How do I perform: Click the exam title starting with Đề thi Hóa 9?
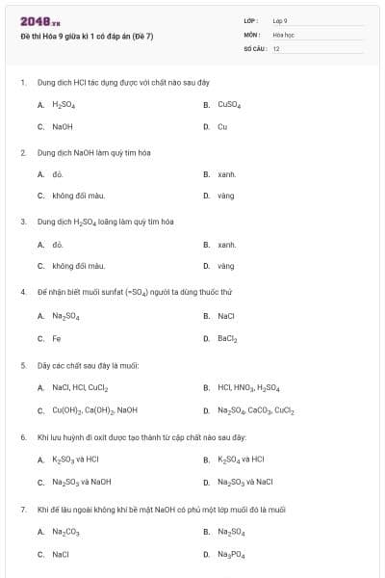pyautogui.click(x=87, y=36)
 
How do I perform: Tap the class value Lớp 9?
pyautogui.click(x=280, y=20)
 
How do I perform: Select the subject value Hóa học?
pyautogui.click(x=283, y=34)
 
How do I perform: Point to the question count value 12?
pyautogui.click(x=276, y=47)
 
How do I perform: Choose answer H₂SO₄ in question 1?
pyautogui.click(x=64, y=104)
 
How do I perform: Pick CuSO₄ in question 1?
pyautogui.click(x=229, y=104)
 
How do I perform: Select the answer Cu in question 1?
pyautogui.click(x=222, y=126)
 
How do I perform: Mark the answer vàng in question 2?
pyautogui.click(x=226, y=196)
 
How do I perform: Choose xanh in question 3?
pyautogui.click(x=227, y=245)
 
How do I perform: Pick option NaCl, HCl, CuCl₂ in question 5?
pyautogui.click(x=80, y=388)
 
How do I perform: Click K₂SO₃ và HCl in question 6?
pyautogui.click(x=76, y=460)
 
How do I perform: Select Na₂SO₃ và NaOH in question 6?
pyautogui.click(x=82, y=482)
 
